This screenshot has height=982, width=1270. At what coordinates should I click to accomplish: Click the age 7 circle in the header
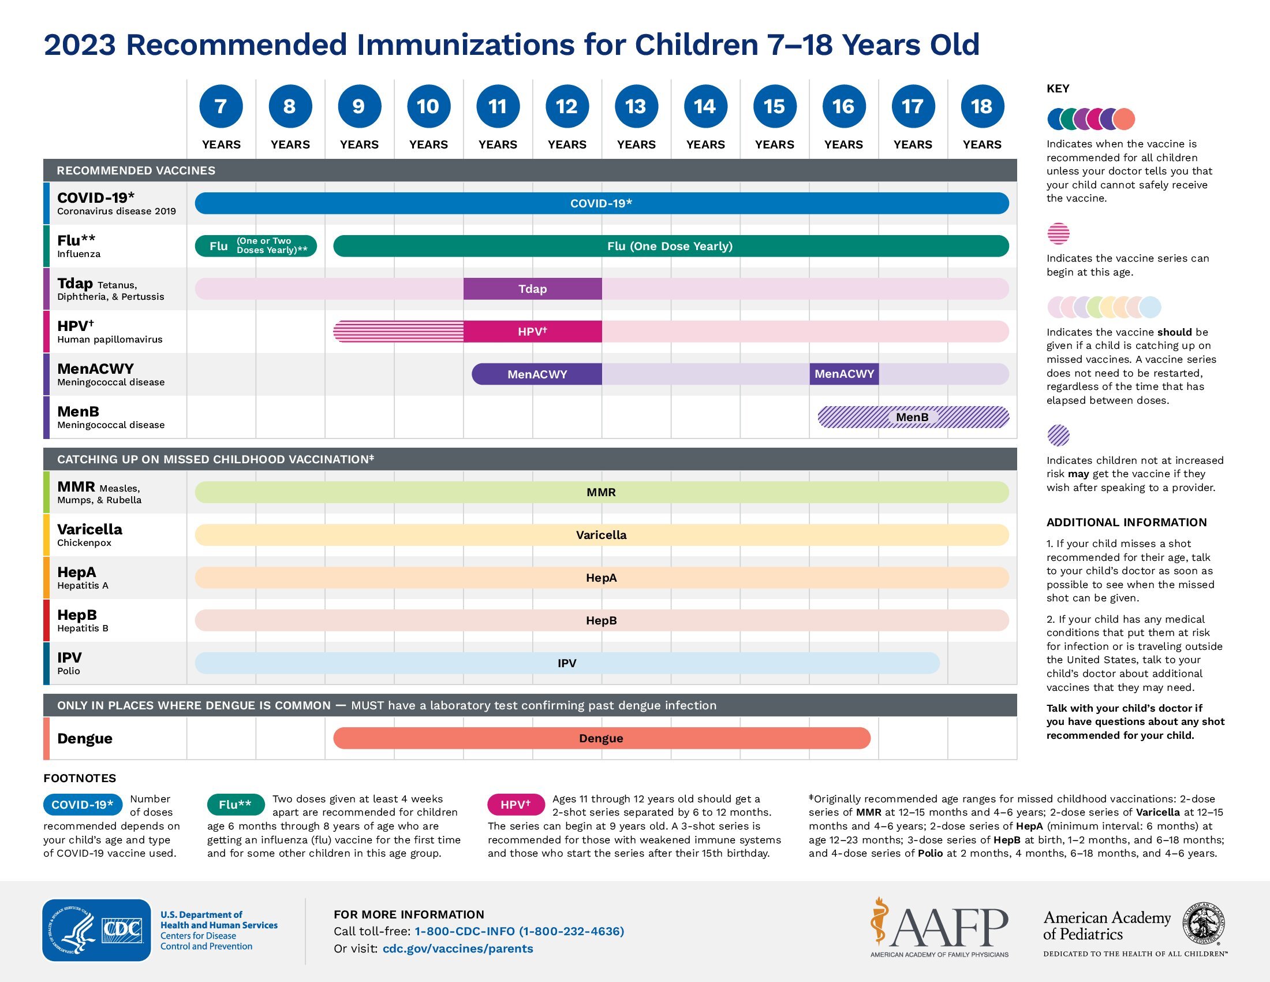221,106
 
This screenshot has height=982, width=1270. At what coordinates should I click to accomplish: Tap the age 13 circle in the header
636,106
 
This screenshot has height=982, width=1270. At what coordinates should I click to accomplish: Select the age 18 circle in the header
981,106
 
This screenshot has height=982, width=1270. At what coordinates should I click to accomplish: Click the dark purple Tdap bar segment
532,289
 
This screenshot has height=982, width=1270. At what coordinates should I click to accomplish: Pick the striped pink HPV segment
398,332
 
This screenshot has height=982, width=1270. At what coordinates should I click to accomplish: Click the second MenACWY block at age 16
844,374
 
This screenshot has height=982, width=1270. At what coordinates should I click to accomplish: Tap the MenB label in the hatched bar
912,417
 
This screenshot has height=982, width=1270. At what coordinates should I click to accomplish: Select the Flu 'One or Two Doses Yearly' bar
256,245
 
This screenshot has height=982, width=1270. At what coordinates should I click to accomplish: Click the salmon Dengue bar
602,738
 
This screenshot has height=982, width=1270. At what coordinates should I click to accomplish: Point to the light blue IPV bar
567,663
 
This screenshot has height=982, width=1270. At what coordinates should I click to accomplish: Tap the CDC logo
96,930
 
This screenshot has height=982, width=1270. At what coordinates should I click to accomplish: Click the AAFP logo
939,927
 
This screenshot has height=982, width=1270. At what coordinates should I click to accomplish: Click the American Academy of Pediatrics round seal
1203,923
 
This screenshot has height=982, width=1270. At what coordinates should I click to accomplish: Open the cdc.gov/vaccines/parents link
458,949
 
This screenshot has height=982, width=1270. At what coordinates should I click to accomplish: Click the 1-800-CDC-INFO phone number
520,931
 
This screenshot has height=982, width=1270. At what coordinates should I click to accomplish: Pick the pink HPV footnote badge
516,805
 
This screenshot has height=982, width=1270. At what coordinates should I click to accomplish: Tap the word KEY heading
1058,88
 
